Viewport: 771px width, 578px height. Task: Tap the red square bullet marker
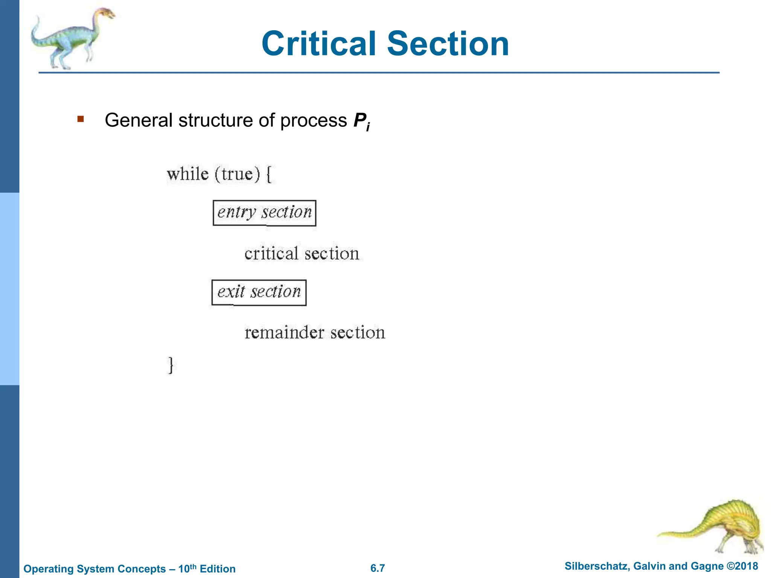coord(80,119)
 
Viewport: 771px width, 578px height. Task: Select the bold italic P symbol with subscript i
coord(361,121)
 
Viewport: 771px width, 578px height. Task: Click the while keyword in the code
coord(188,174)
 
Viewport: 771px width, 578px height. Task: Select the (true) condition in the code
coord(237,174)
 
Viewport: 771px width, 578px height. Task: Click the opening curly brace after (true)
coord(269,175)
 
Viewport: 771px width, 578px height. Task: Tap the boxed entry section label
coord(264,213)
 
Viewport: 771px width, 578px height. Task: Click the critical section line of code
coord(302,254)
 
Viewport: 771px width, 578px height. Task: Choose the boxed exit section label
coord(259,292)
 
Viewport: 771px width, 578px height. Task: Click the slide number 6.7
coord(378,568)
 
